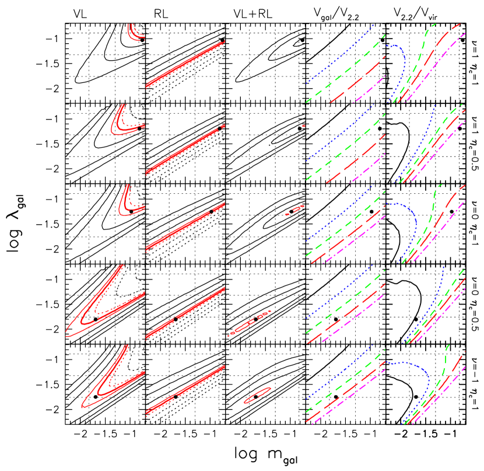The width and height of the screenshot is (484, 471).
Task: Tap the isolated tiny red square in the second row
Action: (x=304, y=126)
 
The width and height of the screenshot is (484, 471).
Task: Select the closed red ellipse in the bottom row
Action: (x=257, y=396)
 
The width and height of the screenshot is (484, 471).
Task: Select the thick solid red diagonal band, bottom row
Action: (x=185, y=391)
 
